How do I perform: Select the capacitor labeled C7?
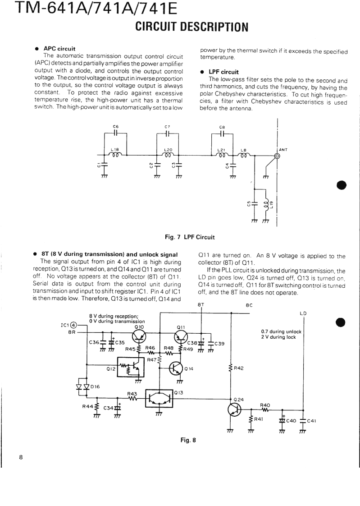pyautogui.click(x=168, y=133)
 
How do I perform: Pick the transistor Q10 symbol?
pyautogui.click(x=139, y=336)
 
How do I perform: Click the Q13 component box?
pyautogui.click(x=159, y=399)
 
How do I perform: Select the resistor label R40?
pyautogui.click(x=265, y=405)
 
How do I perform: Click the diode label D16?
pyautogui.click(x=95, y=386)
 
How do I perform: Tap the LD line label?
pyautogui.click(x=303, y=313)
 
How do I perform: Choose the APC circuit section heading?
pyautogui.click(x=59, y=48)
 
